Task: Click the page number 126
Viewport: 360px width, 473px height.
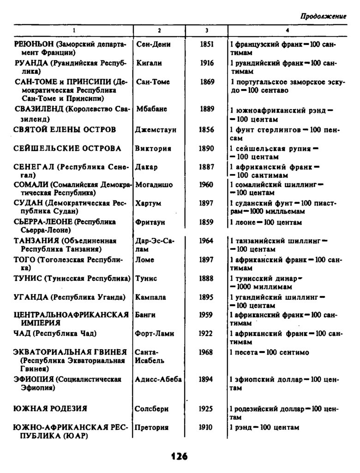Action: pos(179,456)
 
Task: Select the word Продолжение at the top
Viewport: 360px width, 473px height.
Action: pos(323,16)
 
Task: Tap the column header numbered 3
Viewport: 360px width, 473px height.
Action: pos(207,30)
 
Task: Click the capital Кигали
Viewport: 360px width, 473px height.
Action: pos(149,63)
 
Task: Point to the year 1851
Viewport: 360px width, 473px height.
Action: pos(207,45)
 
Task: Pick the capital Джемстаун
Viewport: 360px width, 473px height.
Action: pos(156,130)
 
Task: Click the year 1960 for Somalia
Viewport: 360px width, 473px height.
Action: pos(206,185)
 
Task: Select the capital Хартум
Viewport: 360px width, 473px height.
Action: pos(149,203)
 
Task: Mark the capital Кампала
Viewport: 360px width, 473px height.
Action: pos(151,297)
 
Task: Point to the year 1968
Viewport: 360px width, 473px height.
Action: pos(206,352)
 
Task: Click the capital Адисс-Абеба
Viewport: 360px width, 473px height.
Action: pos(158,380)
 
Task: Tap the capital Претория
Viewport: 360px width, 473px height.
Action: pos(153,428)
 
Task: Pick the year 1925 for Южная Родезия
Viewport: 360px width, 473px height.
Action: pos(206,409)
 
